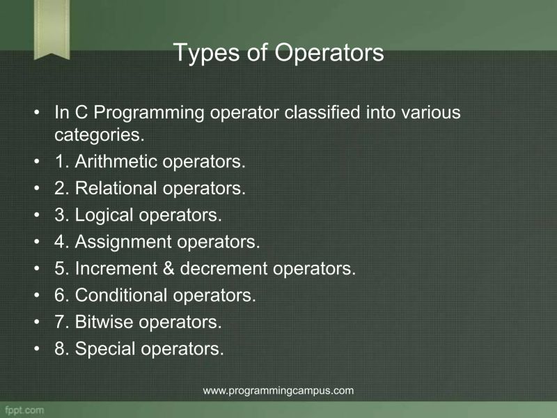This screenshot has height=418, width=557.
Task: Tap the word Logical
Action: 104,215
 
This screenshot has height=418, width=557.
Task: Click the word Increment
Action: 114,268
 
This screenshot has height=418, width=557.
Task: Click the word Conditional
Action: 121,295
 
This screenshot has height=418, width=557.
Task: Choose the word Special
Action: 105,348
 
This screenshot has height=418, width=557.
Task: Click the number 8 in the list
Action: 60,348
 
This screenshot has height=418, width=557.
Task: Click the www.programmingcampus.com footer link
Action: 278,390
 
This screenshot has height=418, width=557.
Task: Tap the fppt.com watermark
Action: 24,409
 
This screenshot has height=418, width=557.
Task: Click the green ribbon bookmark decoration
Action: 52,28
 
